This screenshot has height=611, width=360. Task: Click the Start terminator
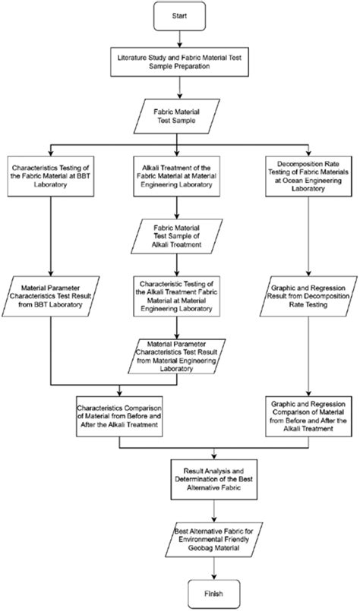pyautogui.click(x=179, y=14)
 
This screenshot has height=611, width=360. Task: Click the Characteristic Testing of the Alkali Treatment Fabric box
pyautogui.click(x=179, y=294)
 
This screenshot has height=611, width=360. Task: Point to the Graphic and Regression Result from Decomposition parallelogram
pyautogui.click(x=308, y=294)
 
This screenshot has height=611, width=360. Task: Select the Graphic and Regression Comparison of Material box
pyautogui.click(x=308, y=414)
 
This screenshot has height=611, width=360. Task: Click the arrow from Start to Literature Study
pyautogui.click(x=179, y=38)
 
